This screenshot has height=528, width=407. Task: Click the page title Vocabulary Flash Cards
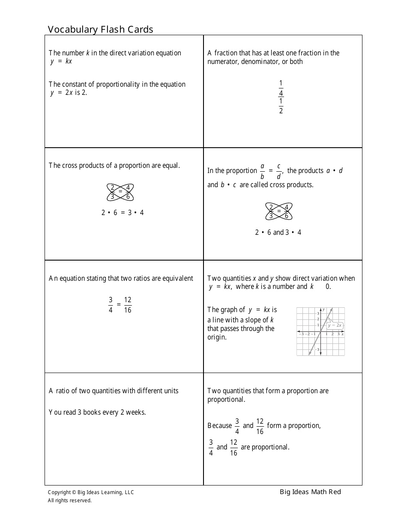pyautogui.click(x=100, y=29)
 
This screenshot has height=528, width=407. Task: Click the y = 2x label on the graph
pyautogui.click(x=335, y=325)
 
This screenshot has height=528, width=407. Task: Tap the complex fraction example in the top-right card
pyautogui.click(x=281, y=97)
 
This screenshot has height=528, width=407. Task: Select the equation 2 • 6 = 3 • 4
pyautogui.click(x=123, y=212)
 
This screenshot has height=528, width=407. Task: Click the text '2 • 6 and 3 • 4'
pyautogui.click(x=278, y=232)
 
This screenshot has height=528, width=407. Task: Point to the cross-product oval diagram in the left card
pyautogui.click(x=120, y=192)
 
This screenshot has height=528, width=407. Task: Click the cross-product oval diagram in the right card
pyautogui.click(x=279, y=211)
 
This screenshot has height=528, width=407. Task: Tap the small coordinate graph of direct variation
pyautogui.click(x=320, y=331)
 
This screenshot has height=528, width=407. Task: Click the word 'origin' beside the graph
pyautogui.click(x=217, y=337)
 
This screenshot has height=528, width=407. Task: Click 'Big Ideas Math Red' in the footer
pyautogui.click(x=311, y=492)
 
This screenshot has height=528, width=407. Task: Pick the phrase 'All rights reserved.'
pyautogui.click(x=70, y=500)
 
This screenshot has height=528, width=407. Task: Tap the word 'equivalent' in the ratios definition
pyautogui.click(x=176, y=278)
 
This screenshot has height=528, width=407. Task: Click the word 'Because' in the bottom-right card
pyautogui.click(x=219, y=425)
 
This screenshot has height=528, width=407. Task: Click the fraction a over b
pyautogui.click(x=262, y=171)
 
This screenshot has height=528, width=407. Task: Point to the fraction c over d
pyautogui.click(x=278, y=171)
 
